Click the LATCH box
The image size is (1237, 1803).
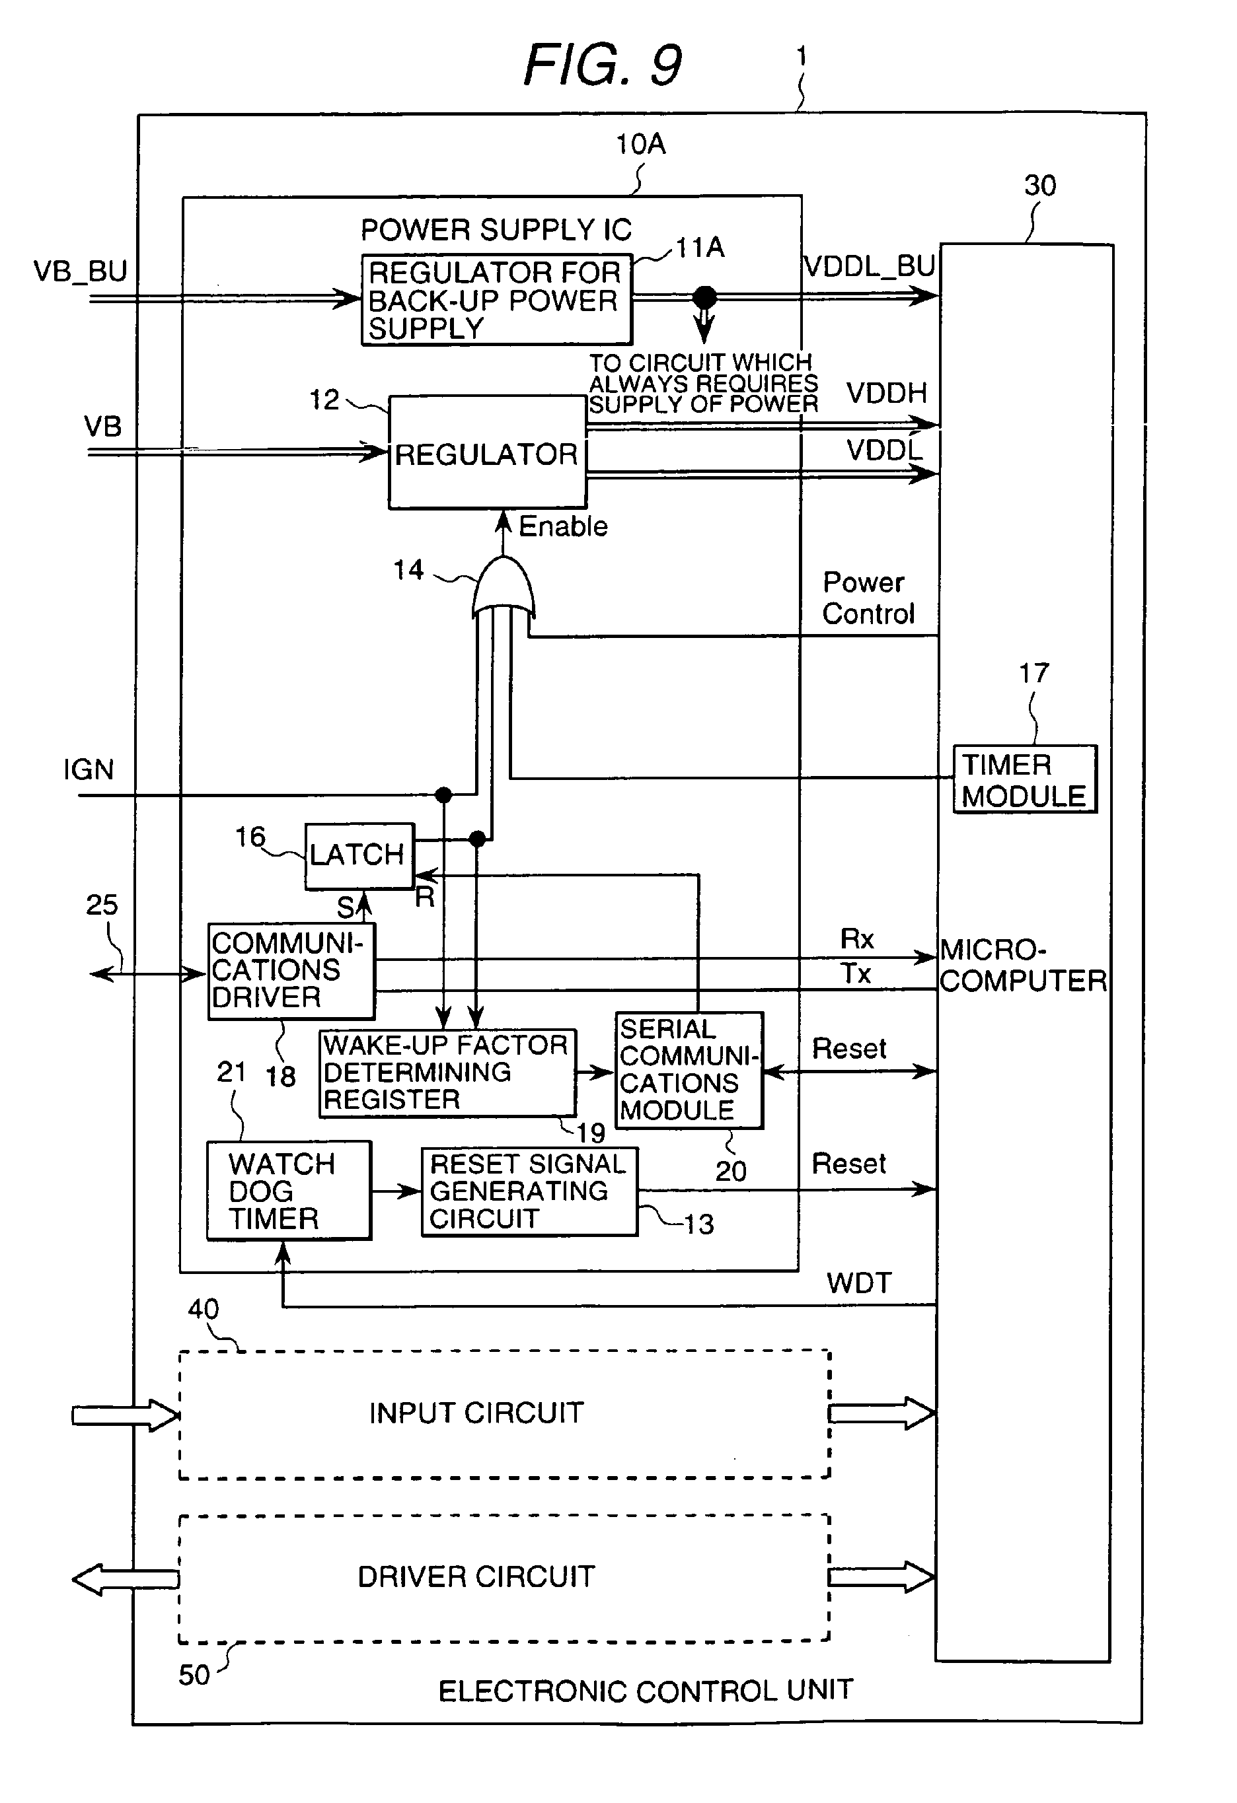[x=359, y=856]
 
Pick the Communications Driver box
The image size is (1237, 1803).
[x=291, y=971]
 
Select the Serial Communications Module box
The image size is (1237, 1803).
[x=689, y=1070]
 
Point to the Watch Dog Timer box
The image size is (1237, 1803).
[x=288, y=1191]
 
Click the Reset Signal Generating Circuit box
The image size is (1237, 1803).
[x=529, y=1191]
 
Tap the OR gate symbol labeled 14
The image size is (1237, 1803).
[x=504, y=590]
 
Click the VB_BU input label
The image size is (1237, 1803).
[x=80, y=271]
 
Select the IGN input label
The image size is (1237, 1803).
[x=89, y=769]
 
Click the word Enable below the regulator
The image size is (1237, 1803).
[x=562, y=527]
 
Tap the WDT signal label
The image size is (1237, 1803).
[x=858, y=1283]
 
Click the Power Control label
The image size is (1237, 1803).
[x=868, y=598]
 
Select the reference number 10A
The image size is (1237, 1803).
[x=640, y=144]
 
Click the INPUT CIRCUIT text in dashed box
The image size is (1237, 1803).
[x=476, y=1413]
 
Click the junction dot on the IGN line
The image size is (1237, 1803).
[x=443, y=795]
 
